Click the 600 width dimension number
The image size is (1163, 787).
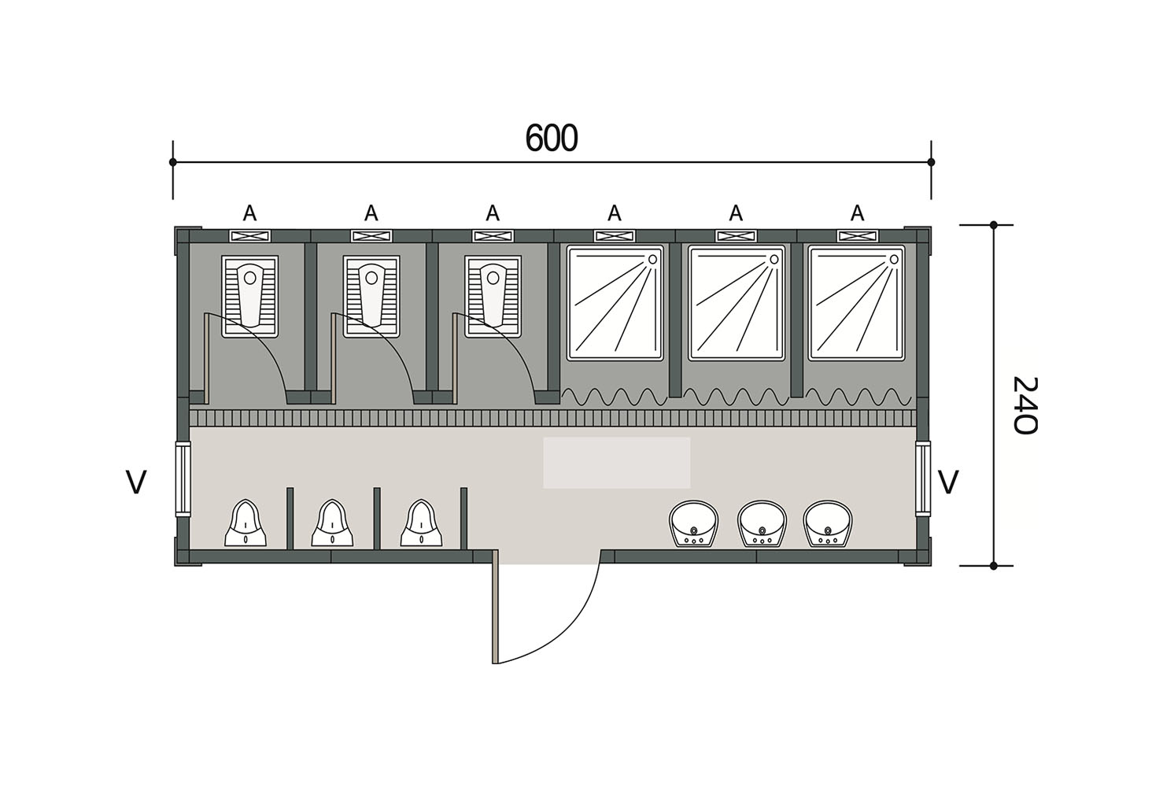coord(552,138)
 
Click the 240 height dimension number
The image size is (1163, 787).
coord(1025,405)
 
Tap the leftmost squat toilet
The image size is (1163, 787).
coord(249,297)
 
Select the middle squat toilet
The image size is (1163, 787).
coord(371,297)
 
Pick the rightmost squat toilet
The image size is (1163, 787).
coord(493,297)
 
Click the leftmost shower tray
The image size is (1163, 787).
coord(615,303)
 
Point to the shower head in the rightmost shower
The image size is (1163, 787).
coord(894,259)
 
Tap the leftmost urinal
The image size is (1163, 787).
coord(245,523)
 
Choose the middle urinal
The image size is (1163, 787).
coord(332,523)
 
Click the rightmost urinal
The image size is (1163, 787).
coord(421,523)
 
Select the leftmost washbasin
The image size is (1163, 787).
coord(694,524)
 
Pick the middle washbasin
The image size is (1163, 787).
coord(762,524)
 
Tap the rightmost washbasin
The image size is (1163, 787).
coord(828,524)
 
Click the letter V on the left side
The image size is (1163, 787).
coord(137,482)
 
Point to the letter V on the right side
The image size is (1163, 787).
coord(948,482)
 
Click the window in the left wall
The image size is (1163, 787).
coord(183,478)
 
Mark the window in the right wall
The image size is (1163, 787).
coord(923,478)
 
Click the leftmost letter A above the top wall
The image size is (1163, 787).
coord(249,212)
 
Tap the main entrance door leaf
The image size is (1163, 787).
coord(495,607)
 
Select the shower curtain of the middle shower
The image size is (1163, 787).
coord(737,397)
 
